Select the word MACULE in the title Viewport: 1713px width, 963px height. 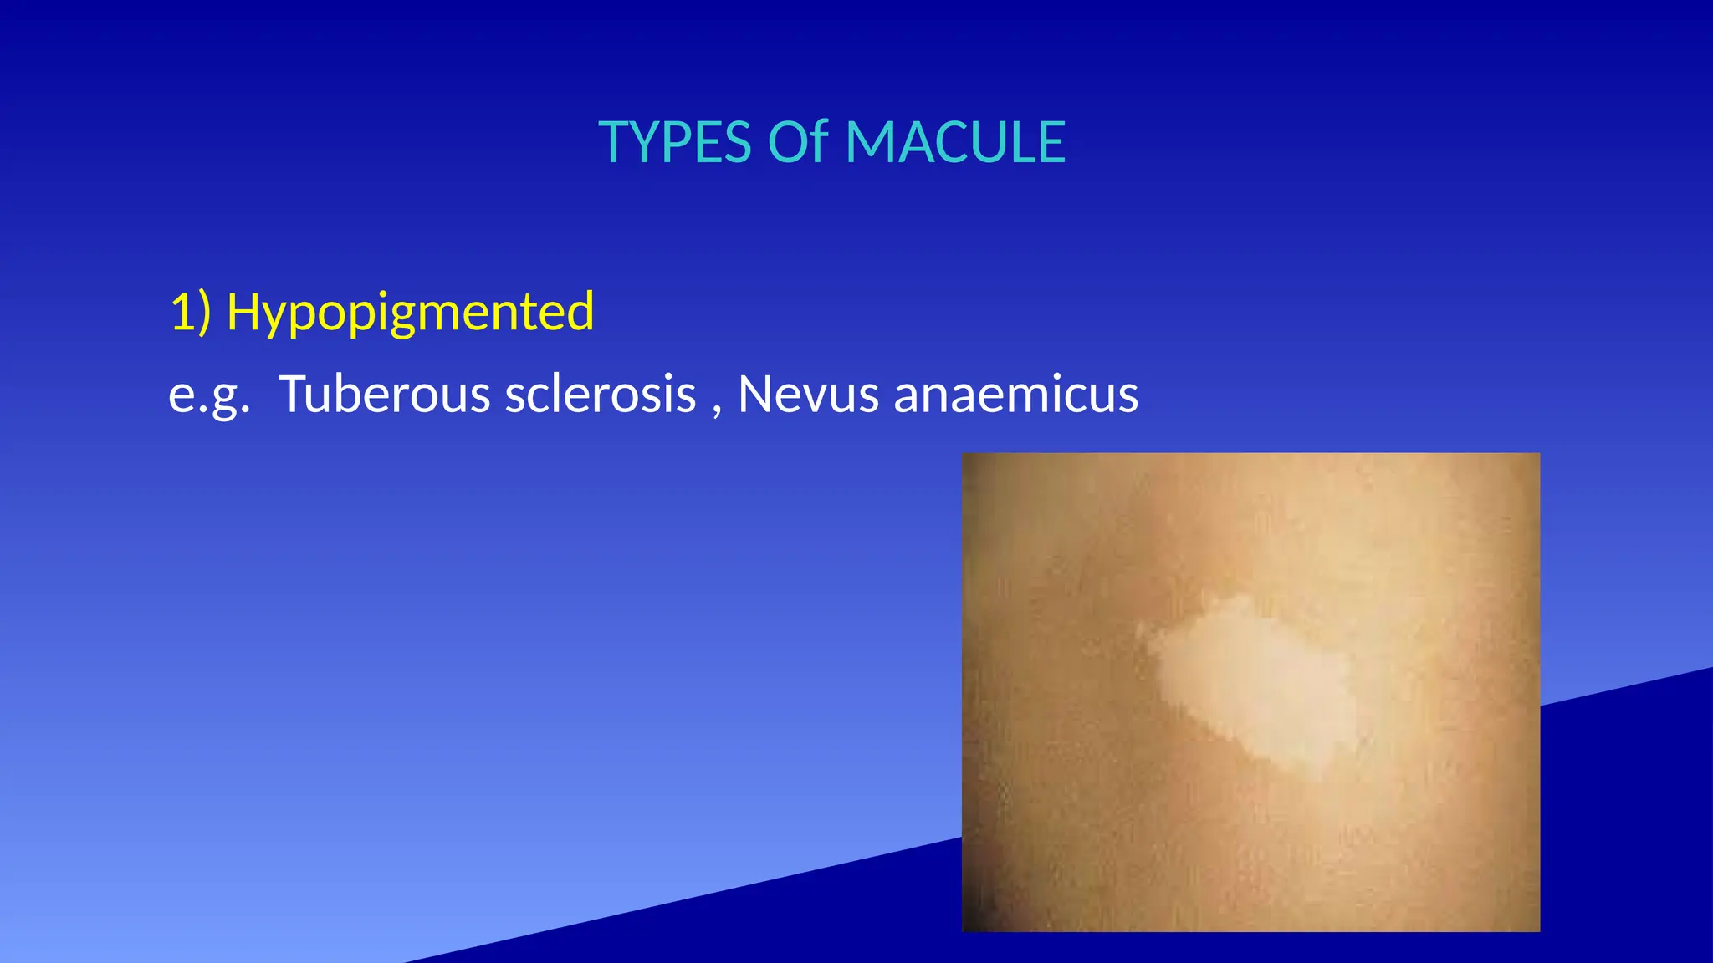pos(955,142)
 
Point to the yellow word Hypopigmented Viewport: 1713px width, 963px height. pos(410,312)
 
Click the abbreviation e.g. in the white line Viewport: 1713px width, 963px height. pos(209,395)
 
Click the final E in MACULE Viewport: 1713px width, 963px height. pos(1051,142)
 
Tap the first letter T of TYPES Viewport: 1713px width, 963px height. pos(614,142)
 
